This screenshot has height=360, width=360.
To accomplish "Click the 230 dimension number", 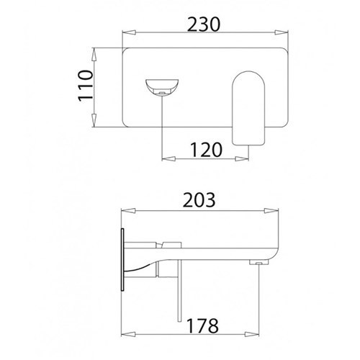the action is (x=204, y=24).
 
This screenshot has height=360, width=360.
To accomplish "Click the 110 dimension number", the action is (x=86, y=86).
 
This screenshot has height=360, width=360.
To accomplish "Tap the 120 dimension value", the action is (x=207, y=150).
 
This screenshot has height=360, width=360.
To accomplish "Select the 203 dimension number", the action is (x=199, y=200).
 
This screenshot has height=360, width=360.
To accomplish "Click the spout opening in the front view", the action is (x=162, y=87).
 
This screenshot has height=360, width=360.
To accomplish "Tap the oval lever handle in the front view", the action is (x=248, y=108).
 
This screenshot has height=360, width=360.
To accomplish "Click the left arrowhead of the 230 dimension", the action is (x=129, y=33).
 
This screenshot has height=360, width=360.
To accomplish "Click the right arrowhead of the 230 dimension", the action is (x=282, y=32).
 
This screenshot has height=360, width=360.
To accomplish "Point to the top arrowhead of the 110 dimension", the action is (x=94, y=55).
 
